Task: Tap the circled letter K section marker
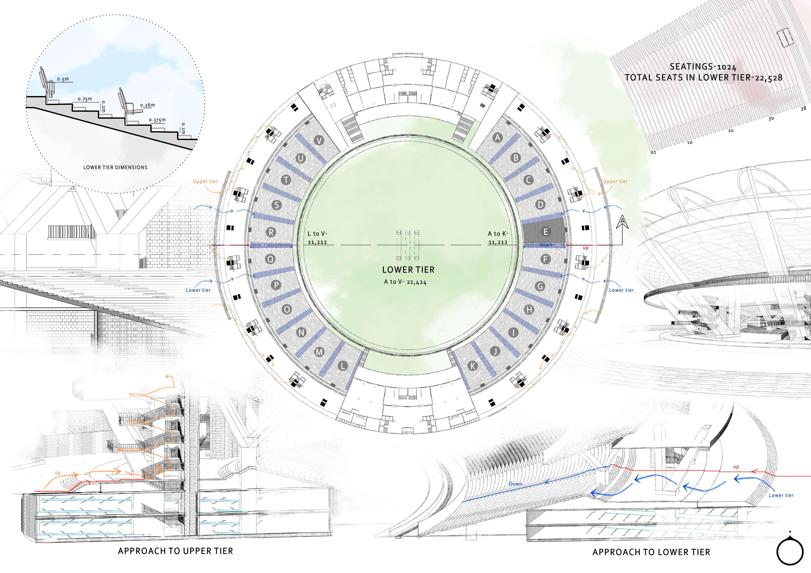tap(473, 366)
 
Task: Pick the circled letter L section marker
tap(343, 366)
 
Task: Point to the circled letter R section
tap(271, 232)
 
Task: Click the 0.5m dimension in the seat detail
tap(63, 79)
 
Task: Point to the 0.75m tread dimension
tap(85, 99)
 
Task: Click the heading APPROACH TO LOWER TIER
tap(651, 552)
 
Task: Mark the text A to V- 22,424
tap(405, 282)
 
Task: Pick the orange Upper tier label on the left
tap(205, 181)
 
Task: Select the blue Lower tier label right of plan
tap(621, 290)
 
